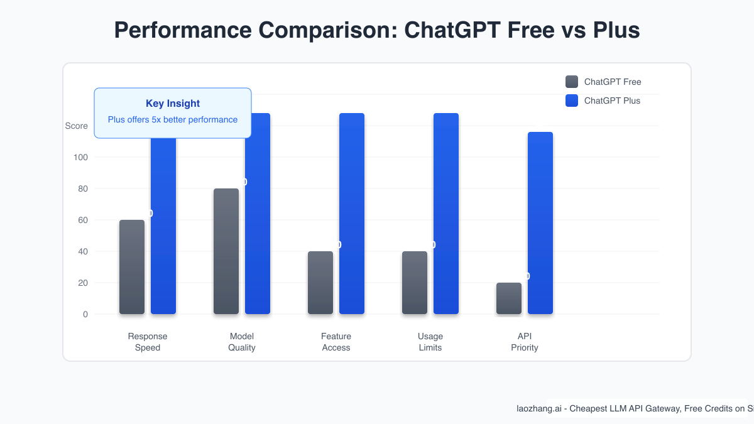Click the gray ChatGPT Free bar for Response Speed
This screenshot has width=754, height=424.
pos(132,267)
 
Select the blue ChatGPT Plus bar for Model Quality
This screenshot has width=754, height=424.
pos(258,214)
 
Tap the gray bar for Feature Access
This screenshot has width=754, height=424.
pos(320,283)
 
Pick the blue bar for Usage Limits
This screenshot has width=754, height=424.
pos(446,214)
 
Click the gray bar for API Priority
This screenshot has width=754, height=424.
pos(509,298)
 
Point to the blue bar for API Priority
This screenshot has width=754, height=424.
pos(540,223)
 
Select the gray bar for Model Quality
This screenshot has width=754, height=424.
pos(226,251)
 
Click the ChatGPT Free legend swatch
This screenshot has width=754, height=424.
pos(572,82)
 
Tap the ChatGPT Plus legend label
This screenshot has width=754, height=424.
pos(612,101)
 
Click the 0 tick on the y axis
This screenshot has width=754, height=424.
pos(85,314)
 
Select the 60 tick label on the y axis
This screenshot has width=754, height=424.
pos(82,220)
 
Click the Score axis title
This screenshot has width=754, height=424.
pos(77,126)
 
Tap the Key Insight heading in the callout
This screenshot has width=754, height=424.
pos(173,104)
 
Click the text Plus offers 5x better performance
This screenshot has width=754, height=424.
pos(173,119)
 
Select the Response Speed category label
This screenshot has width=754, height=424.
pos(148,342)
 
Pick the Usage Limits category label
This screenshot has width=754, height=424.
pos(430,342)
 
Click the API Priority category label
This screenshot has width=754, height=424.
pos(525,342)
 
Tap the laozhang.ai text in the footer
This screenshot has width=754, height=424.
pos(539,408)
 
